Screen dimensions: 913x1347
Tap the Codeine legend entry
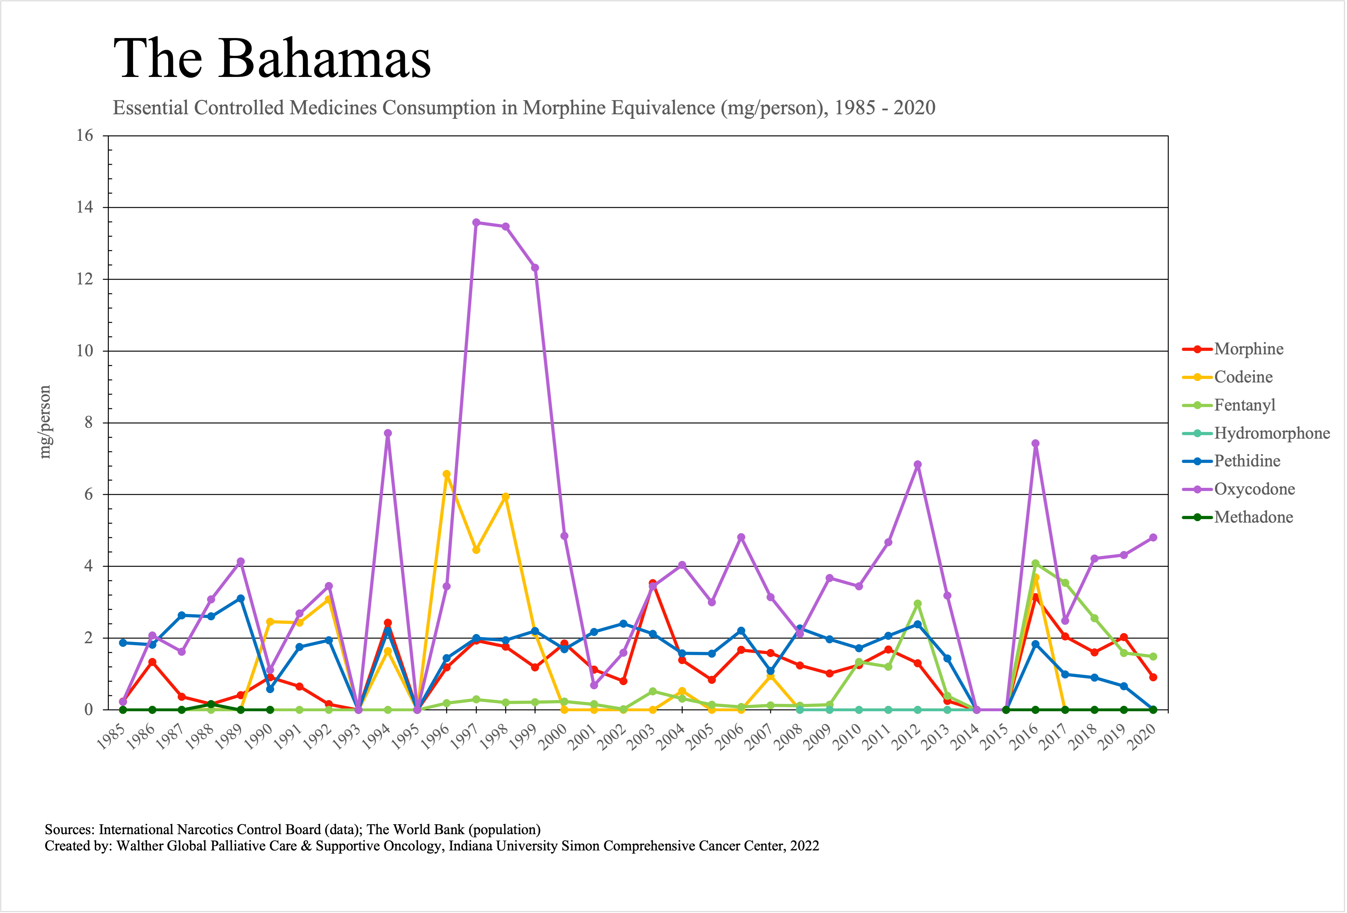(1243, 377)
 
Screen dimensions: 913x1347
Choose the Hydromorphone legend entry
(1272, 433)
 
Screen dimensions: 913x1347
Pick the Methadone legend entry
(1253, 517)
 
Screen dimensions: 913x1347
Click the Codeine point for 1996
(447, 474)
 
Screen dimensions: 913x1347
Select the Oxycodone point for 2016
(1035, 443)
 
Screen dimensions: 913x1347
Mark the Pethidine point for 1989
(241, 598)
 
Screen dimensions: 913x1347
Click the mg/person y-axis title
(45, 422)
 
